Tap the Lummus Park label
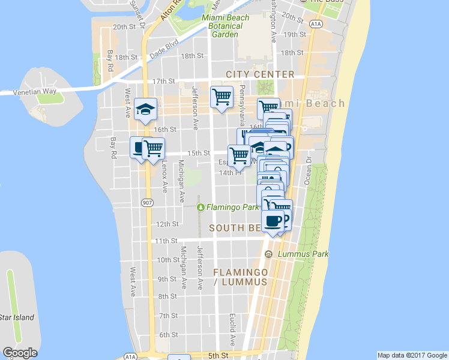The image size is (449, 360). click(x=304, y=254)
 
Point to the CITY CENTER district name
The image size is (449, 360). click(x=260, y=74)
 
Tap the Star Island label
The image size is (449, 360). click(x=17, y=317)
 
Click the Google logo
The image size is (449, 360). click(x=20, y=353)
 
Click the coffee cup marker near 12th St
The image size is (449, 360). click(x=273, y=220)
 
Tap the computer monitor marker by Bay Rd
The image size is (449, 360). click(x=139, y=147)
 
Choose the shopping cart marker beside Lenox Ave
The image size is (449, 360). click(x=154, y=147)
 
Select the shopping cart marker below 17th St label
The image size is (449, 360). click(x=221, y=96)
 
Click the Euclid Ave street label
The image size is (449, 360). click(x=232, y=329)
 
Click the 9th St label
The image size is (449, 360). click(x=166, y=279)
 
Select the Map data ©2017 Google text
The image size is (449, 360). click(x=412, y=355)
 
